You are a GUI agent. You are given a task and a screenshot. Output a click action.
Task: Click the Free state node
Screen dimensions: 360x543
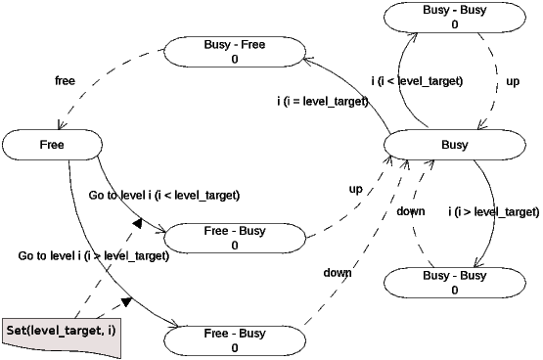click(x=53, y=145)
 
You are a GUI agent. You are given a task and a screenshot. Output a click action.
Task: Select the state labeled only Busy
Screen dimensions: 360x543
click(x=454, y=145)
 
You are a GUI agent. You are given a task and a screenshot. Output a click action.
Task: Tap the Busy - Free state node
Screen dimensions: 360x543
click(x=234, y=51)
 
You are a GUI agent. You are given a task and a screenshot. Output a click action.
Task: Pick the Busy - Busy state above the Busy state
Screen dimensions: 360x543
click(x=455, y=17)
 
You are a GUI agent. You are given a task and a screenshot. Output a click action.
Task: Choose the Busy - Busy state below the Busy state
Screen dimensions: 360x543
click(x=454, y=283)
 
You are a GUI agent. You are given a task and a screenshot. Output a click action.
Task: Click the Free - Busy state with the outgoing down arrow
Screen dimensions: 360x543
click(x=235, y=340)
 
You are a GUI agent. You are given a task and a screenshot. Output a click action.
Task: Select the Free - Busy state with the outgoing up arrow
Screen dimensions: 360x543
click(x=235, y=238)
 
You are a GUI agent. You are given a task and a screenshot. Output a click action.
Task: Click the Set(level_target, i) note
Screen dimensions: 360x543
click(x=61, y=332)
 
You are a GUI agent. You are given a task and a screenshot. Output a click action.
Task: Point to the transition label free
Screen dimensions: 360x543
click(x=66, y=80)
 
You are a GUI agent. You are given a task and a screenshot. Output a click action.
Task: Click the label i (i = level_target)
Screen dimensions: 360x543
click(x=323, y=100)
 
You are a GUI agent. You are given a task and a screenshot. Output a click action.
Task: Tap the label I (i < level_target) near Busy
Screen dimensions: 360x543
click(x=417, y=80)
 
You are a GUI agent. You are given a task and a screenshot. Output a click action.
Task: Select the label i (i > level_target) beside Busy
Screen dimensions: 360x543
click(x=493, y=211)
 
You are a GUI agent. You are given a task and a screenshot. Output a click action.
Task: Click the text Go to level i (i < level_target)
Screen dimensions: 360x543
click(x=163, y=195)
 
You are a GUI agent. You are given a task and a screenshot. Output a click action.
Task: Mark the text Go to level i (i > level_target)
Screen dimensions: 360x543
click(x=94, y=256)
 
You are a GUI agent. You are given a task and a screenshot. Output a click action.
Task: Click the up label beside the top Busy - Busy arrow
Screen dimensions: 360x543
click(x=513, y=82)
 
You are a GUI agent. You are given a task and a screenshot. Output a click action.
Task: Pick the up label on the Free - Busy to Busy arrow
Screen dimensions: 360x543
click(x=356, y=187)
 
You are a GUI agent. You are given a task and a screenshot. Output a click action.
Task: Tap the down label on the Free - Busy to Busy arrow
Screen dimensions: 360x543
click(x=338, y=273)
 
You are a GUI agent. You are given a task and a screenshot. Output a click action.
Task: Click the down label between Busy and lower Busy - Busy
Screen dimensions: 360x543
click(x=411, y=211)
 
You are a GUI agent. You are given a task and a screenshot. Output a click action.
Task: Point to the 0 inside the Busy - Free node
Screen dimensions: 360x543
click(x=234, y=59)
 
